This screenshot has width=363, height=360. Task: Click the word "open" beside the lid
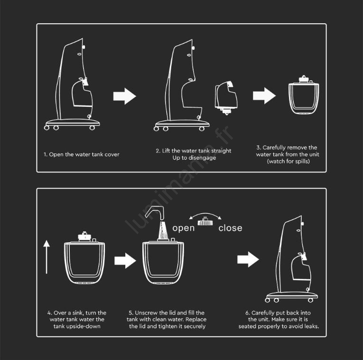pos(183,228)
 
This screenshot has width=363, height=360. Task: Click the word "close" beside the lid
pos(230,227)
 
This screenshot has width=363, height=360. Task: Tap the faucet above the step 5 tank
pos(155,212)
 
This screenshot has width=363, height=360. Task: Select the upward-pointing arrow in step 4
pos(47,256)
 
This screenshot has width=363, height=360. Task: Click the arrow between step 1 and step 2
pos(124,96)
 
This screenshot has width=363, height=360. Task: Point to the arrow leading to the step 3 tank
pos(264,95)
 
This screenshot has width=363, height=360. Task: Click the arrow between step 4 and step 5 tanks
pos(125,261)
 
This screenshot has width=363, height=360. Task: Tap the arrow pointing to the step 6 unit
pos(248,259)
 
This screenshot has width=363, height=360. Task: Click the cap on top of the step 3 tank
pos(304,79)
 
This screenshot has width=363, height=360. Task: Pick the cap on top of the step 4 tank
pos(84,237)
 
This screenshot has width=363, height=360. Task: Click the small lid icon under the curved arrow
pos(205,221)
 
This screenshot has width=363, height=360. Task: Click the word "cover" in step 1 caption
pos(112,154)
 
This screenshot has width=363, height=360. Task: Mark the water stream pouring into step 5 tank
pos(163,230)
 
